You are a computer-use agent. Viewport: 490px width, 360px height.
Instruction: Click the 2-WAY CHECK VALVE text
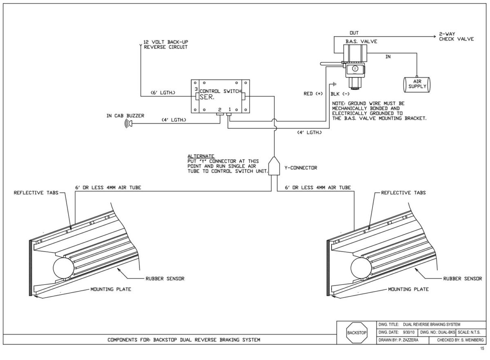coord(456,37)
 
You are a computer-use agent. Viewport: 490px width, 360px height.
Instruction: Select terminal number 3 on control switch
coord(196,89)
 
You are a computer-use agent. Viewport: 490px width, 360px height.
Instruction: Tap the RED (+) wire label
coord(314,94)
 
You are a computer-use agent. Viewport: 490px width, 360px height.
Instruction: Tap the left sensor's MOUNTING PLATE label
coord(111,289)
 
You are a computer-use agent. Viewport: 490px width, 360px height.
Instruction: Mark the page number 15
coord(482,349)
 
